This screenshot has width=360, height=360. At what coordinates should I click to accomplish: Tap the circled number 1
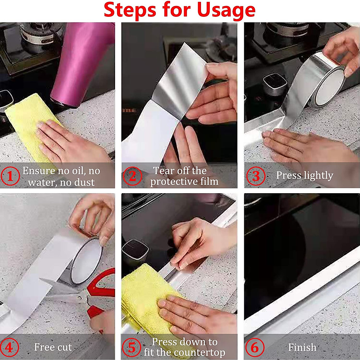tap(10, 176)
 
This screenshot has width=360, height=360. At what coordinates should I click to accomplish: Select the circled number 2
tap(132, 176)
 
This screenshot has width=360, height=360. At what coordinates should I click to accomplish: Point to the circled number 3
tap(256, 176)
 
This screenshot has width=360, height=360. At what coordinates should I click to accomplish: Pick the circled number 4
tap(9, 347)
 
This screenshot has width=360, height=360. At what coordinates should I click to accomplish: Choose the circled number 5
tap(132, 347)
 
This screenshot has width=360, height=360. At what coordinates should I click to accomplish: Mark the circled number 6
tap(254, 347)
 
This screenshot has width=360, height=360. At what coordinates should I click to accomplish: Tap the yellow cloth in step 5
tap(144, 297)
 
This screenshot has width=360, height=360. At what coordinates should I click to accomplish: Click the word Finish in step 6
tap(302, 347)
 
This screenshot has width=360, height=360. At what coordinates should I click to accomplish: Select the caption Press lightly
tap(304, 175)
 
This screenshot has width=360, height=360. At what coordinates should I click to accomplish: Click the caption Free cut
tap(53, 347)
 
